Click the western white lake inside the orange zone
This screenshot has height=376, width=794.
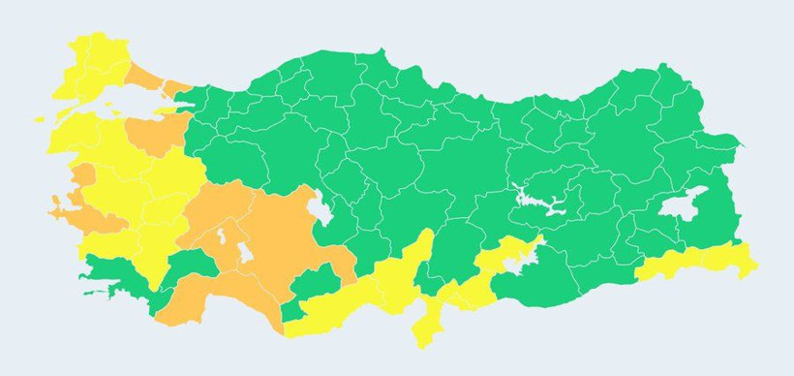click(224, 236)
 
